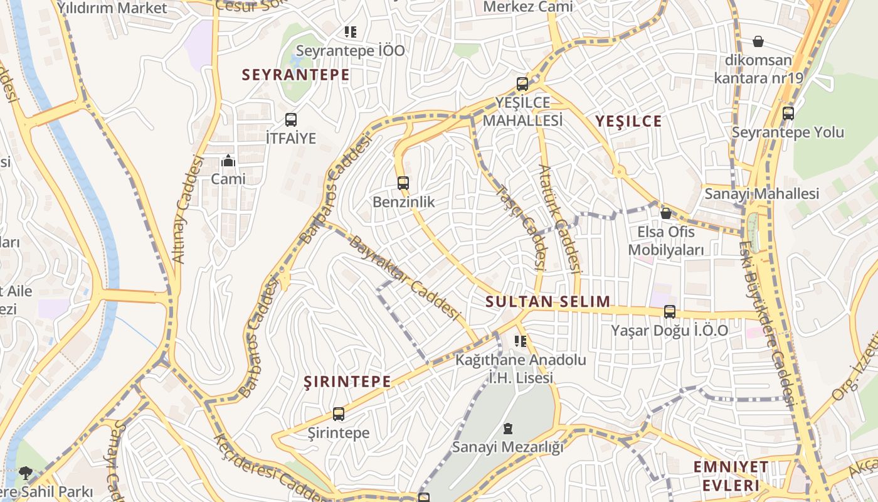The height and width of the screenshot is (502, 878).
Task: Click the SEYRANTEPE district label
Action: [x=296, y=75]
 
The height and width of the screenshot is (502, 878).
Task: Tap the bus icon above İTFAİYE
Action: [x=290, y=119]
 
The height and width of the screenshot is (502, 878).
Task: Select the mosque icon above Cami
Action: [x=228, y=161]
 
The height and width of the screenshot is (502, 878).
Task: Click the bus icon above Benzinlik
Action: [x=403, y=183]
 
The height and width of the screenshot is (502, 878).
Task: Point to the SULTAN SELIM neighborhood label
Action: [x=547, y=301]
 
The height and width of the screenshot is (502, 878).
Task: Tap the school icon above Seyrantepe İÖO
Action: [x=350, y=31]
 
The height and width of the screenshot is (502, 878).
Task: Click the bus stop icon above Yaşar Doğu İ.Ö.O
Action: [x=670, y=311]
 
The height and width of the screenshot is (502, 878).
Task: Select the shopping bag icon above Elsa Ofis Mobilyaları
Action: [x=665, y=213]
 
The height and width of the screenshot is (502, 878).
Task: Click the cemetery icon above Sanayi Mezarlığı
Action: [x=507, y=429]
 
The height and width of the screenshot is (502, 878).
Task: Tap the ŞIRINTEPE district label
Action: [x=347, y=382]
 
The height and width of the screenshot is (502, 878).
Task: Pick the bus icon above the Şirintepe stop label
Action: [x=339, y=414]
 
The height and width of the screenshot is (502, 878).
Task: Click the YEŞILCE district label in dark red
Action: [x=628, y=122]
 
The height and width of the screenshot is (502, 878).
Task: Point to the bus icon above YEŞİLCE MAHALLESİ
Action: [x=522, y=83]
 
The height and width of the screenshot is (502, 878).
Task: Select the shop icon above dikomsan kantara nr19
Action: [x=758, y=42]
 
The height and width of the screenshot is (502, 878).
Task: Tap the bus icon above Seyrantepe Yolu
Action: [x=788, y=114]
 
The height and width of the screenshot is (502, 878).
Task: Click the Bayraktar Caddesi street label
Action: [x=404, y=277]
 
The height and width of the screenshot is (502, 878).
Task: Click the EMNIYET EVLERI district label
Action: [x=731, y=476]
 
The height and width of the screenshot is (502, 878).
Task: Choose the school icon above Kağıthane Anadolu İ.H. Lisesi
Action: [x=520, y=341]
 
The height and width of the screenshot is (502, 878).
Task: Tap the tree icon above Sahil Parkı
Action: [x=26, y=472]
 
